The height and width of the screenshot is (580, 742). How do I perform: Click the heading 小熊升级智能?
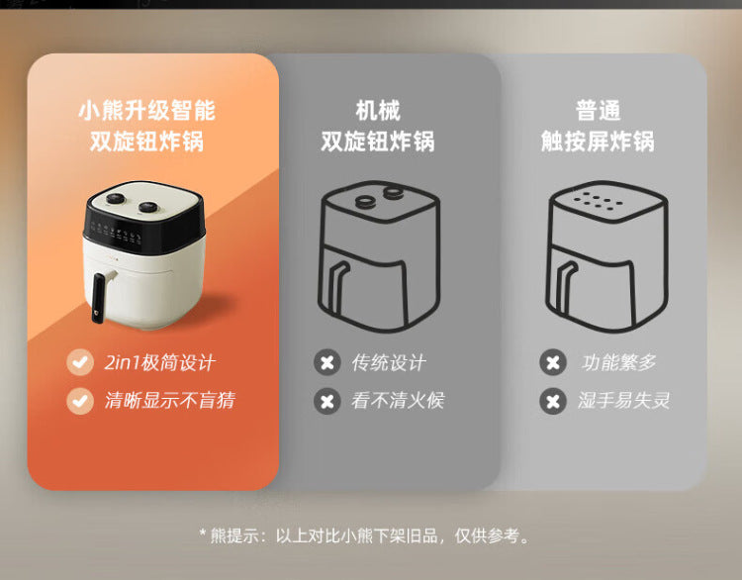coord(146,110)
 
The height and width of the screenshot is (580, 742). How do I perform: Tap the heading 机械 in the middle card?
coord(378,110)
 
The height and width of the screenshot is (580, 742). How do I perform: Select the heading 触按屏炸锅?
coord(598,142)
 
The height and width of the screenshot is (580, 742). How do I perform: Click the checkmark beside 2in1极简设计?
coord(80,362)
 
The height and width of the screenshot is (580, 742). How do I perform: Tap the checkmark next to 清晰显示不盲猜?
coord(80,401)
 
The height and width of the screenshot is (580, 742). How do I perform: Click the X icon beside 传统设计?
coord(327,362)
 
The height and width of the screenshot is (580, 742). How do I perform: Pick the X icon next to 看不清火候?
coord(327,401)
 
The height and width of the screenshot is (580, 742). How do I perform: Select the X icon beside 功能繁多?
coord(553,362)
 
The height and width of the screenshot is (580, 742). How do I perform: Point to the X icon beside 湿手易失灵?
coord(553,401)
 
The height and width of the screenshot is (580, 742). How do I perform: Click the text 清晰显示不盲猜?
coord(170,400)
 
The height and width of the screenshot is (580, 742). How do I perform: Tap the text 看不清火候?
coord(398,400)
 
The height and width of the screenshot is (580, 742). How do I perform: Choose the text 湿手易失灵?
coord(623,400)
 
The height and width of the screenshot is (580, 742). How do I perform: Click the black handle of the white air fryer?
coord(99,298)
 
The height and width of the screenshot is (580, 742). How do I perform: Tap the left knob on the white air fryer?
coord(115,199)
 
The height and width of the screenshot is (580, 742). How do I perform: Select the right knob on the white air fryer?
coord(148,207)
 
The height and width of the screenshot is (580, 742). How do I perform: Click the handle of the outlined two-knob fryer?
coord(338,288)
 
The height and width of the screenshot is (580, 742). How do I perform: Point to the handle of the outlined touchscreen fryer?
coord(567,288)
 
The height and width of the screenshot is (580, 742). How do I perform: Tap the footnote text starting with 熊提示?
coord(363,536)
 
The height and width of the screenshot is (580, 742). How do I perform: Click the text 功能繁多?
coord(619,362)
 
